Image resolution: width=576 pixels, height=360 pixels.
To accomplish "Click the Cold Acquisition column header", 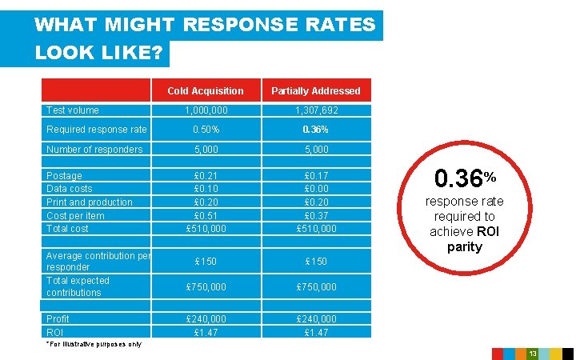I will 206,91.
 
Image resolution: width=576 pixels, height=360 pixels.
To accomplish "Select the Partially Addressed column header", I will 315,91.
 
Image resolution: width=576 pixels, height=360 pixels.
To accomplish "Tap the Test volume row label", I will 73,110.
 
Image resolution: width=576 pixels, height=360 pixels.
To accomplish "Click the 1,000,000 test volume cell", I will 206,110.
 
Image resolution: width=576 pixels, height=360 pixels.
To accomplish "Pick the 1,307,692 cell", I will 315,110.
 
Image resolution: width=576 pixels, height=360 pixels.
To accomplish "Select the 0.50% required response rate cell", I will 206,130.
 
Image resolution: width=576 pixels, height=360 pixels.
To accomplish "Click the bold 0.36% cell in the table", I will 315,130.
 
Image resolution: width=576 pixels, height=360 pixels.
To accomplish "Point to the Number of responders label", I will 94,150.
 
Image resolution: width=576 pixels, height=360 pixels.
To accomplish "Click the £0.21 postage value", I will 206,176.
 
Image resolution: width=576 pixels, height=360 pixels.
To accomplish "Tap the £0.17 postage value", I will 315,176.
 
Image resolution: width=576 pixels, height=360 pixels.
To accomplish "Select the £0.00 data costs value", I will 315,189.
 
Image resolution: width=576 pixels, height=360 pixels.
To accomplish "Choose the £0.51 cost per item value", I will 206,215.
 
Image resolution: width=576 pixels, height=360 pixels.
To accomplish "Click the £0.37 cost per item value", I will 315,215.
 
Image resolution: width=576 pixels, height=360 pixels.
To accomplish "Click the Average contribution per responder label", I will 98,261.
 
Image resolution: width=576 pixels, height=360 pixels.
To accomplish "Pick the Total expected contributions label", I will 78,286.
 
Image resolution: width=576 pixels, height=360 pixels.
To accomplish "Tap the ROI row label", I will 55,332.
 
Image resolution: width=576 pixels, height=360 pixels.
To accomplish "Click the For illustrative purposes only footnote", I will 94,344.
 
